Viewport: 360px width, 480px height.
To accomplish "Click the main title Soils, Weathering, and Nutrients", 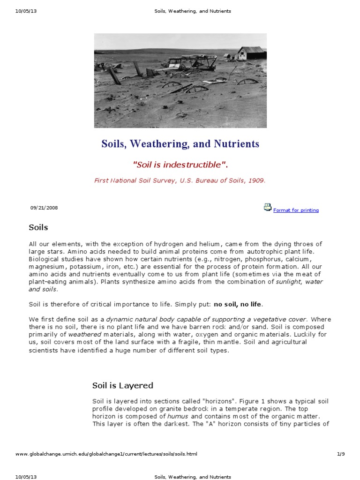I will (x=180, y=144).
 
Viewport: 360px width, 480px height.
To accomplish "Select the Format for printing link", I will (x=296, y=210).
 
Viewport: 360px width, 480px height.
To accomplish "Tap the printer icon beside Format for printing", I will (x=268, y=208).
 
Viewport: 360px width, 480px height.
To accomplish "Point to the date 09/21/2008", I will (x=44, y=208).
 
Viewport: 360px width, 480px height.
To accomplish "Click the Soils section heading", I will (x=38, y=228).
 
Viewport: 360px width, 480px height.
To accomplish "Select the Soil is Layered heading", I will (x=122, y=385).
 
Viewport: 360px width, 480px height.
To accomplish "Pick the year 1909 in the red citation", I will (x=256, y=180).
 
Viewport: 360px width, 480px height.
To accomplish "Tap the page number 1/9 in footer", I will (x=341, y=454).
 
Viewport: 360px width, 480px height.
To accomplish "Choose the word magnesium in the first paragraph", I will (x=46, y=266).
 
